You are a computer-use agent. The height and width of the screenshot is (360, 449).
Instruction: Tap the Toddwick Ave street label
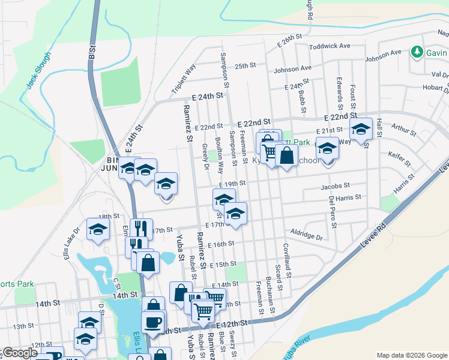tap(329, 46)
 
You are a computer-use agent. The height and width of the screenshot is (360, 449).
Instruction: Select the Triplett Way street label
tap(184, 79)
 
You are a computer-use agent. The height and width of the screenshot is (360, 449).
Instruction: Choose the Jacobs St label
tap(335, 187)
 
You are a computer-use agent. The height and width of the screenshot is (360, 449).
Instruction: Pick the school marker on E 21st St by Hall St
tap(361, 129)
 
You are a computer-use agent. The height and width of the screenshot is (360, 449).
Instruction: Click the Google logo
tap(19, 353)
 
